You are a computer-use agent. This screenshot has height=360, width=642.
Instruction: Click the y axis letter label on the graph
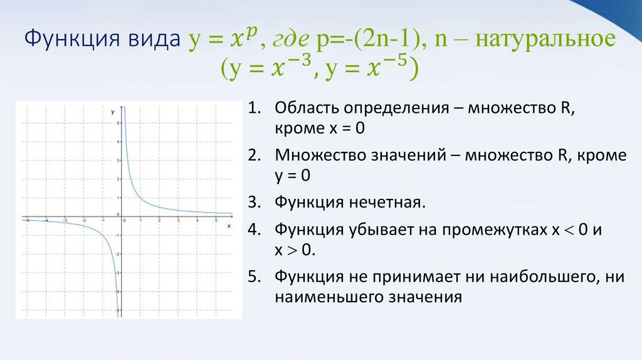[112, 111]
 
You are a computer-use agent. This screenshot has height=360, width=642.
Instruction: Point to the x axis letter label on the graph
[229, 225]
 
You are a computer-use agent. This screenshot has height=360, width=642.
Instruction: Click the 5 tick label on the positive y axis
[118, 123]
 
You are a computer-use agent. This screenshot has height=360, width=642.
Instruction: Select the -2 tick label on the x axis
[83, 221]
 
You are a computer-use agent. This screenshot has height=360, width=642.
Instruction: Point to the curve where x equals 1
[140, 199]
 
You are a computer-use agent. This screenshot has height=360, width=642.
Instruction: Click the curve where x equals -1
[103, 235]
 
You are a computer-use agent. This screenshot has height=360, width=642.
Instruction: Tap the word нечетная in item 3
[383, 203]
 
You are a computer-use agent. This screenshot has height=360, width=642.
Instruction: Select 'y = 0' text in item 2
[292, 176]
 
